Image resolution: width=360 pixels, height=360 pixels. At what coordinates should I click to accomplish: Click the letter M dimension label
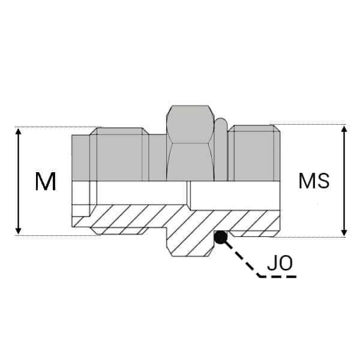[45, 181]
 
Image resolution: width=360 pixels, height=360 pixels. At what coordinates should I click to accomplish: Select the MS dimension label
[314, 181]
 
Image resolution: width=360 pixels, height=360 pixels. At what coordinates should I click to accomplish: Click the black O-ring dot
[221, 237]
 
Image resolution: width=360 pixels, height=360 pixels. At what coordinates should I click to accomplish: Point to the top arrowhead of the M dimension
[19, 131]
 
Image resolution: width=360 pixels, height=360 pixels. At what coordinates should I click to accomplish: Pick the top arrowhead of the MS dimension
[344, 128]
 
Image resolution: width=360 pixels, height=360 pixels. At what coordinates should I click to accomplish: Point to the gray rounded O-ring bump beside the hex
[221, 150]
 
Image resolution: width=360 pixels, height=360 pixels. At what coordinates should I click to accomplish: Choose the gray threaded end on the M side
[119, 156]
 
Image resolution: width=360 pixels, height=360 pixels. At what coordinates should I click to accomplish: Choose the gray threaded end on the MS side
[255, 153]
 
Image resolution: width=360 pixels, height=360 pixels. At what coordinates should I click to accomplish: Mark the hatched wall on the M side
[126, 218]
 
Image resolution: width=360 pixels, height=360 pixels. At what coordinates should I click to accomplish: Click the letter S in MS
[322, 181]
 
